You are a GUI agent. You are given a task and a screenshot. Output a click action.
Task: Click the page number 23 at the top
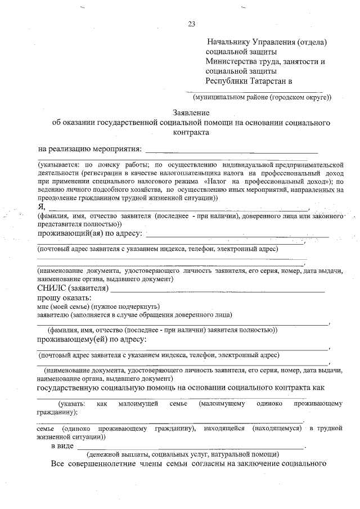[x=191, y=24]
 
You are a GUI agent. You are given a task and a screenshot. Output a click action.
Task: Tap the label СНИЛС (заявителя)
[x=73, y=289]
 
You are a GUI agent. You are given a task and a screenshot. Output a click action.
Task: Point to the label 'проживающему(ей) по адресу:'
[x=92, y=339]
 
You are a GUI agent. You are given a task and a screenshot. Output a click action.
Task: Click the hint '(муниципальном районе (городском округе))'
[x=258, y=97]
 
